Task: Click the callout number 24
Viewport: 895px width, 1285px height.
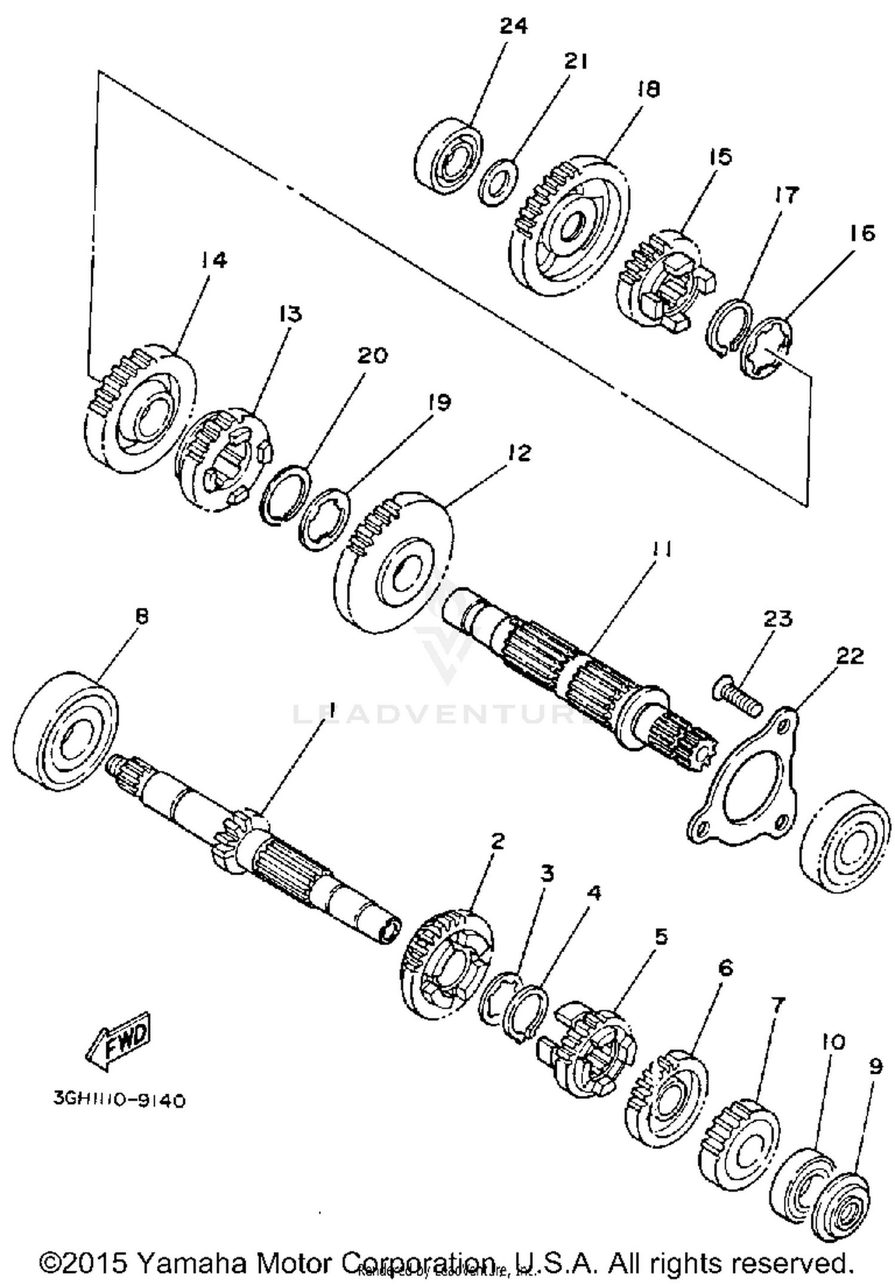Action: (x=513, y=26)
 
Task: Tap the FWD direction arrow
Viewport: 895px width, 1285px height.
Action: (x=118, y=1040)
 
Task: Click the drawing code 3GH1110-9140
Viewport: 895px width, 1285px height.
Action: (x=119, y=1099)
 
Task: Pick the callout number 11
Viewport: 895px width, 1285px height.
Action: (x=660, y=548)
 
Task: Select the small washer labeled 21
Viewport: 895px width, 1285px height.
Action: (x=499, y=183)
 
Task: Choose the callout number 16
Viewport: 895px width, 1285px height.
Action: (x=862, y=233)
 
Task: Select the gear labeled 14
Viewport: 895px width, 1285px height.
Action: (x=140, y=412)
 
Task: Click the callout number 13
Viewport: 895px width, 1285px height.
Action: (x=290, y=313)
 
